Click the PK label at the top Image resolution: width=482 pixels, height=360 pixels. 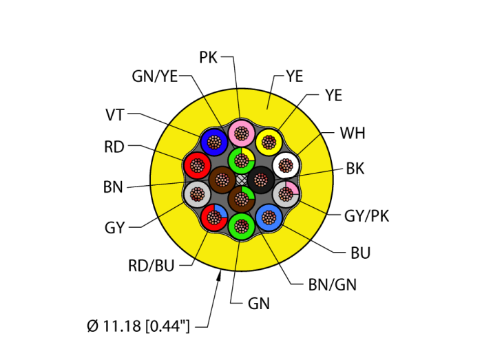209,57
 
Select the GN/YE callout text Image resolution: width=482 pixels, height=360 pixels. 154,76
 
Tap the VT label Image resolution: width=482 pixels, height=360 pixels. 115,114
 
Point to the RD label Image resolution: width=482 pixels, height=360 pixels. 114,147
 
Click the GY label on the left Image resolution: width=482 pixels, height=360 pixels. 114,227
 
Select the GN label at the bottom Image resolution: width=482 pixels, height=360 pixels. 258,303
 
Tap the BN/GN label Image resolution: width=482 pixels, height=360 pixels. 333,284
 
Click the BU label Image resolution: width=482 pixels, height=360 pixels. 360,253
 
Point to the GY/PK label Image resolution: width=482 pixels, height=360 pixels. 366,216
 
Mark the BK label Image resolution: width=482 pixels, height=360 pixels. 355,168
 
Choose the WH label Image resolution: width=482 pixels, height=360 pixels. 353,131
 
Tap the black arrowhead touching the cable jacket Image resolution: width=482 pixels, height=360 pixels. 220,276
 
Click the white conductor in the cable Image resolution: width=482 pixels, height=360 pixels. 284,165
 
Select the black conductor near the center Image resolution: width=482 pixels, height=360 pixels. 262,180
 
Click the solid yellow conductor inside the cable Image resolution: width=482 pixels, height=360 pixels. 267,141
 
